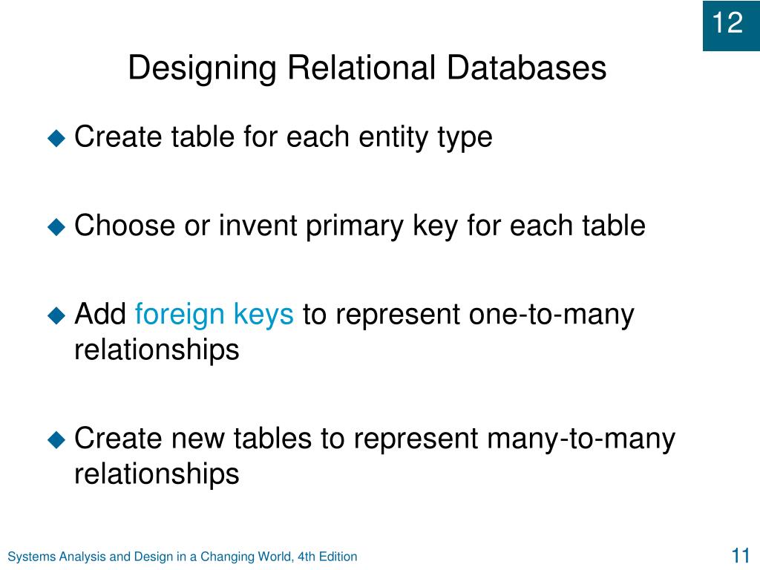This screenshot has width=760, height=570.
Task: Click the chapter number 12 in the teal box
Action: click(x=728, y=24)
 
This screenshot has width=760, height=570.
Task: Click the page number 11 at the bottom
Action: click(x=739, y=556)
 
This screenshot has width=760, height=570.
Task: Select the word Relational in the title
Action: click(x=361, y=69)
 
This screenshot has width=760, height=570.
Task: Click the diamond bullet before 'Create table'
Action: click(x=57, y=138)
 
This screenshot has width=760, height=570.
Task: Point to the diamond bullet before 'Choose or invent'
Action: click(x=57, y=227)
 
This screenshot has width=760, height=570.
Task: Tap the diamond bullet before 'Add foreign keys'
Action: click(x=57, y=316)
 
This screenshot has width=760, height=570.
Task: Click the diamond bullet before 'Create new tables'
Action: click(x=57, y=440)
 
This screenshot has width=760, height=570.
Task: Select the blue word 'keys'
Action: click(x=263, y=316)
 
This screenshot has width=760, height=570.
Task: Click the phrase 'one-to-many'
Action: click(x=551, y=316)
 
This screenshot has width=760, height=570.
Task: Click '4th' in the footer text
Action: click(x=307, y=557)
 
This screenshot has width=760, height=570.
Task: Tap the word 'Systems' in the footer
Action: click(x=30, y=557)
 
